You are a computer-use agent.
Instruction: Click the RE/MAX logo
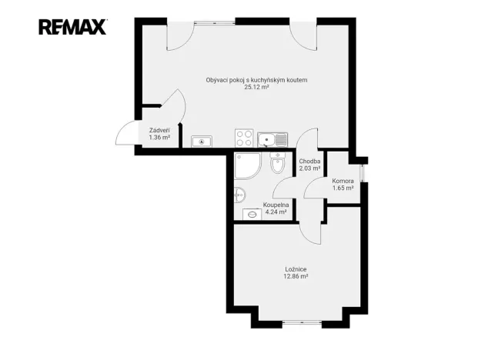tap(73, 27)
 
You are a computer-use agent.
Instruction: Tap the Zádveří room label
tap(159, 131)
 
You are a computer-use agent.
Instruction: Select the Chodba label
tap(309, 161)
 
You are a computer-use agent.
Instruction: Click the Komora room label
tap(343, 181)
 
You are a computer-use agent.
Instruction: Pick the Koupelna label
tap(276, 205)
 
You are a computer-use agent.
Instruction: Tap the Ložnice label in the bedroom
tap(296, 269)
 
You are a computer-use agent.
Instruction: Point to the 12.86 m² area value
tap(296, 276)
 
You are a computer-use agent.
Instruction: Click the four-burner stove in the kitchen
tap(245, 138)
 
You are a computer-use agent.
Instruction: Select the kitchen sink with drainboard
tap(272, 139)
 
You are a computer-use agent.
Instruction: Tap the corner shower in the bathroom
tap(248, 165)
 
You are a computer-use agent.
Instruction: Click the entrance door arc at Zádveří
tap(125, 132)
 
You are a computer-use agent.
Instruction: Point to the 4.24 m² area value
tap(276, 212)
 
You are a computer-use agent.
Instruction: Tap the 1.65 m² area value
tap(343, 188)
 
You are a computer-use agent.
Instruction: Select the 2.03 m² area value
tap(309, 168)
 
